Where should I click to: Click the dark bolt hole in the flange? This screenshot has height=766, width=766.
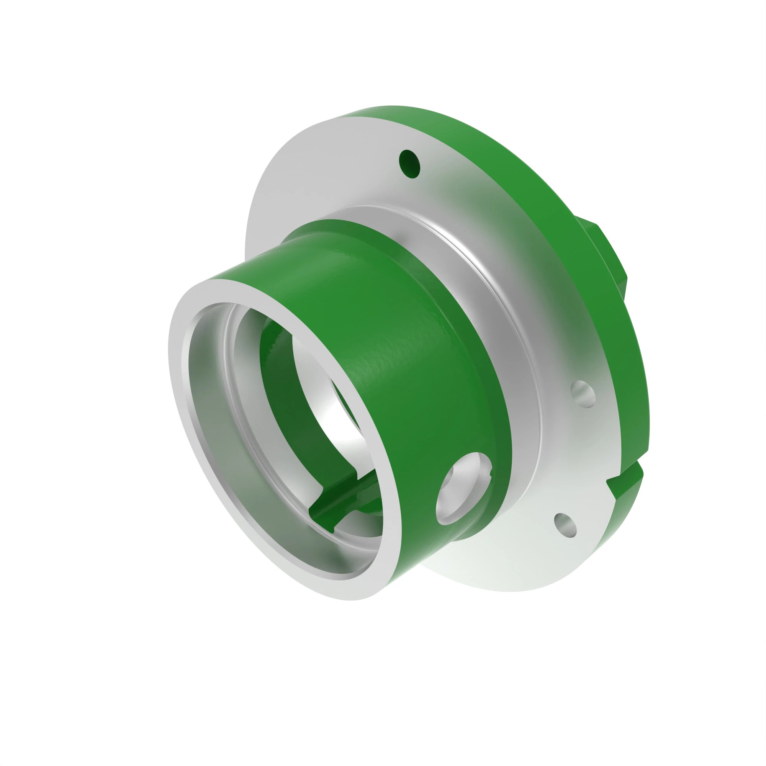pyautogui.click(x=409, y=164)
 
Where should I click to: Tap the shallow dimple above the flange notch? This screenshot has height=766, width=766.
pyautogui.click(x=583, y=394)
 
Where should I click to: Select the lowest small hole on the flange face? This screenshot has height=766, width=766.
pyautogui.click(x=565, y=525)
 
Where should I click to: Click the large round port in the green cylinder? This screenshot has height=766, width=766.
pyautogui.click(x=463, y=487)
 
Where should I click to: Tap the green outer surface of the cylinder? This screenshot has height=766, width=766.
pyautogui.click(x=396, y=357)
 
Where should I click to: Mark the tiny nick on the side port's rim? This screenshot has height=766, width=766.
pyautogui.click(x=491, y=472)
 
